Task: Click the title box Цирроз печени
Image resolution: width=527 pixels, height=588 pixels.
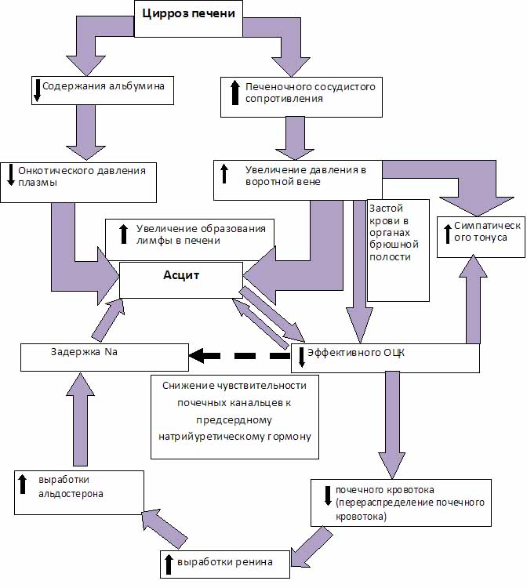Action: (188, 19)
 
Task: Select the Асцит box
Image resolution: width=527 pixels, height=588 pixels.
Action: (181, 280)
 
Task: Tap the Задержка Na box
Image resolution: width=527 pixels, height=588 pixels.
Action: (104, 358)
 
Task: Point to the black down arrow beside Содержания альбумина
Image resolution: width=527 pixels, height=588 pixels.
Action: (37, 90)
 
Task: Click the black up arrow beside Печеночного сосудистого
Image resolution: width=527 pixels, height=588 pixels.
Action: (235, 93)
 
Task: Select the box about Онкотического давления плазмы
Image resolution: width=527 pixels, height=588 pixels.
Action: (78, 182)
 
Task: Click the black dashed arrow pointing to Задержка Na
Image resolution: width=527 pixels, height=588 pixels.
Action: (240, 355)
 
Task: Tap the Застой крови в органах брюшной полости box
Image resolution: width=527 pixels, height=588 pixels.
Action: (398, 250)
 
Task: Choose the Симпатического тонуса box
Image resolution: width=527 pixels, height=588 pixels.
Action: (481, 237)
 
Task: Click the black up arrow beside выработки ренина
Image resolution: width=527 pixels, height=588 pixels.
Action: (169, 564)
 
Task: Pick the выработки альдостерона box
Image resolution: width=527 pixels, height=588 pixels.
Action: (79, 492)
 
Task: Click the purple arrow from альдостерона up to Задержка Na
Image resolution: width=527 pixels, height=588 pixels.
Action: (80, 419)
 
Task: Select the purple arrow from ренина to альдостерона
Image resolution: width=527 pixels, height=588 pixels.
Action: (164, 528)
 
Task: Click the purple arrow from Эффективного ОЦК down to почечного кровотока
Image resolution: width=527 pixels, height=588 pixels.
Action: (392, 425)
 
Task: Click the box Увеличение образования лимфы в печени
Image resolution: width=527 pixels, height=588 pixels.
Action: (190, 240)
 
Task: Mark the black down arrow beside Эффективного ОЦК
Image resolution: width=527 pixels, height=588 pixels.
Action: (302, 358)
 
